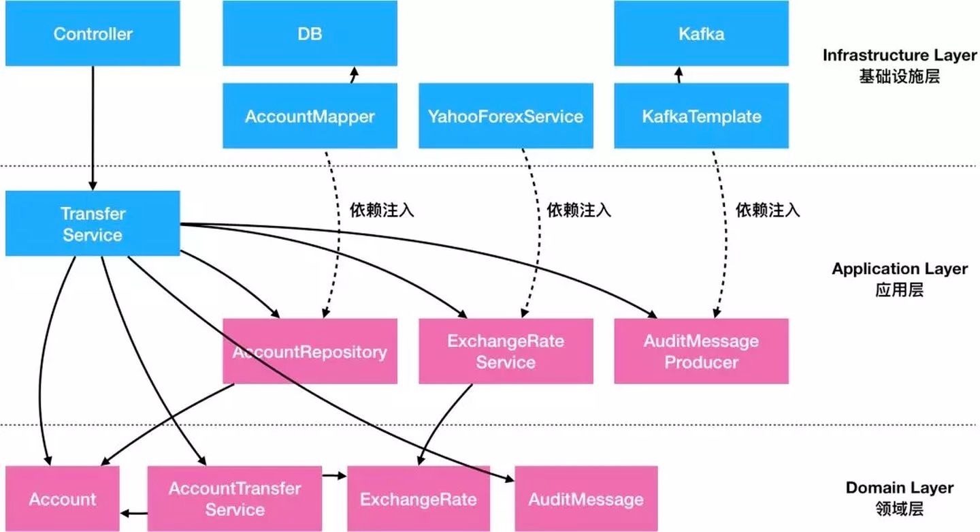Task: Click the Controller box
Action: (93, 34)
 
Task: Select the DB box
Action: (310, 34)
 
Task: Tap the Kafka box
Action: (701, 34)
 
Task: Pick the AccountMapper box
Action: (310, 116)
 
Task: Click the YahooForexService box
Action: (506, 116)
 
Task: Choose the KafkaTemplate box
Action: (701, 116)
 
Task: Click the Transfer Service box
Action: (93, 223)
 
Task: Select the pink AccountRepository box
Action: (310, 351)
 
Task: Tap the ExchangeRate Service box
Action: (506, 351)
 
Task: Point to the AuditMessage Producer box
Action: (701, 351)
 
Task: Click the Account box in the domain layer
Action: (63, 499)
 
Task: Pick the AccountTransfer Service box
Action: (235, 499)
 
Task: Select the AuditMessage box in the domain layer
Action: (586, 499)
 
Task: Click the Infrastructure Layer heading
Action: (899, 55)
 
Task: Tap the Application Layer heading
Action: (899, 268)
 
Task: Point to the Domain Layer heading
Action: (899, 488)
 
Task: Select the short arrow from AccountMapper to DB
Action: (353, 75)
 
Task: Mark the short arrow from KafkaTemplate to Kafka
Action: (678, 75)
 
